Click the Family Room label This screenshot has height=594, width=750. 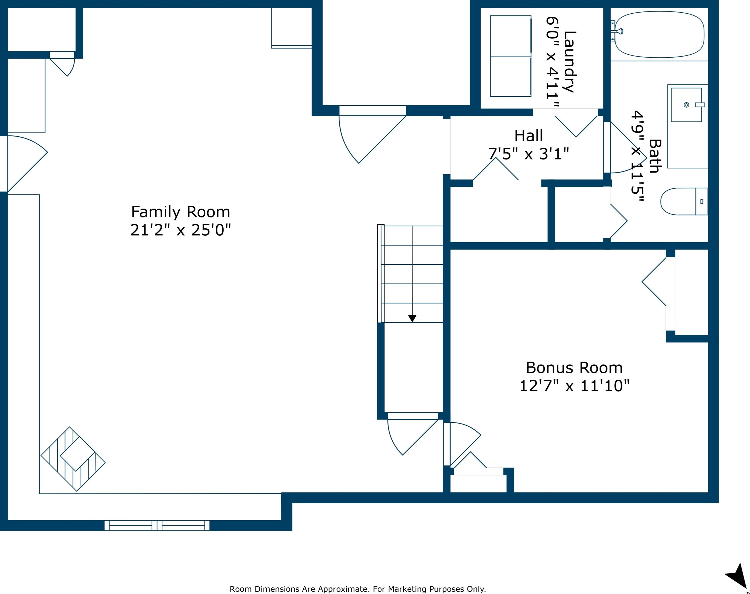tap(180, 212)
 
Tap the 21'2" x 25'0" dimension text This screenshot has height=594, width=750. tap(180, 230)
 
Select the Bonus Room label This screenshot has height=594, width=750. tap(574, 368)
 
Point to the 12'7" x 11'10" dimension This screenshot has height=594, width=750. tap(574, 386)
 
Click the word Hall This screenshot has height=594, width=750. tap(529, 136)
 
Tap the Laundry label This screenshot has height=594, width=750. tap(570, 61)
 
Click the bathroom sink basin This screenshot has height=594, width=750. tap(687, 105)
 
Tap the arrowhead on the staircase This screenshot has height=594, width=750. tap(412, 318)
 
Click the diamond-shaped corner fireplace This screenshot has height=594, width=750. tap(73, 459)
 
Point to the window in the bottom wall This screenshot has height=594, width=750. tap(157, 525)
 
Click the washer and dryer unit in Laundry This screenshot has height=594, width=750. tap(511, 56)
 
